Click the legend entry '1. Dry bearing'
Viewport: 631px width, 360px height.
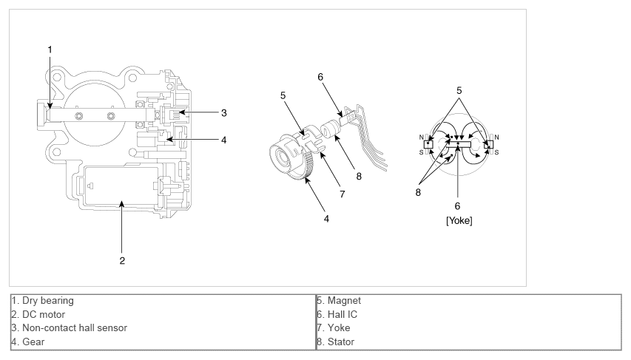(43, 301)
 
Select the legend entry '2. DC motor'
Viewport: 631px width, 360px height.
(38, 314)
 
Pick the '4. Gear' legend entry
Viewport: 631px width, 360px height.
(30, 342)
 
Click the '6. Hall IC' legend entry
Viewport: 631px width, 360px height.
(339, 314)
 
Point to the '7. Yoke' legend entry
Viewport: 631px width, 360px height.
(334, 328)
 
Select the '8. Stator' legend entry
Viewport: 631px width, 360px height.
(337, 342)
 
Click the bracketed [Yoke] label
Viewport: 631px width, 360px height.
(459, 220)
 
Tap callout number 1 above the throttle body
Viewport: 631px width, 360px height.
(50, 50)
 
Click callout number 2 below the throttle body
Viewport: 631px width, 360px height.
(123, 260)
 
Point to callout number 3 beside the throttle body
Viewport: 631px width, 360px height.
(223, 113)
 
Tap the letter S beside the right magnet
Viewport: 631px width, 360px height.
(496, 152)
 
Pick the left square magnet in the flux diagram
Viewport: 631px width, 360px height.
(428, 144)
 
